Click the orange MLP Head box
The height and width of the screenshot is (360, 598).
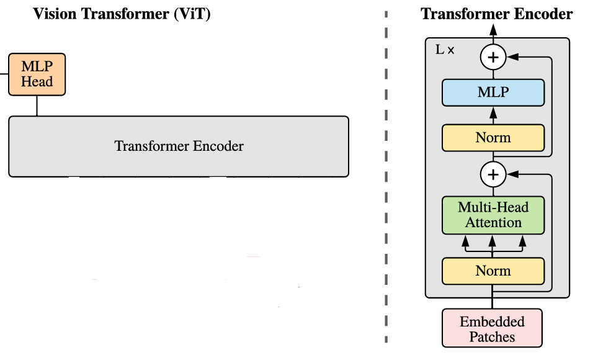click(x=37, y=74)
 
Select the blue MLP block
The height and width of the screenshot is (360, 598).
click(x=493, y=92)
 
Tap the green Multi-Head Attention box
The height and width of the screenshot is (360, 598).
click(x=493, y=215)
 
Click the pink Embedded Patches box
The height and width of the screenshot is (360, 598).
click(x=492, y=328)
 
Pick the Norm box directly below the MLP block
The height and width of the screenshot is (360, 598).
click(x=493, y=138)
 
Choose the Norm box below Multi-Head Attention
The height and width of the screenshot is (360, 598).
click(x=493, y=271)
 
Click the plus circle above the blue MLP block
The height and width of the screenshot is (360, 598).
click(x=493, y=58)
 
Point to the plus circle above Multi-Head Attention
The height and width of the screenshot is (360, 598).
click(x=493, y=175)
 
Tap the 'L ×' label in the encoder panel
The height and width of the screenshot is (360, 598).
click(x=445, y=50)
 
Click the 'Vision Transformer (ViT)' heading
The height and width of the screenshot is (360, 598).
click(x=122, y=14)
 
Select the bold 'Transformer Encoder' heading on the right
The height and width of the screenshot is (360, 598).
click(x=496, y=14)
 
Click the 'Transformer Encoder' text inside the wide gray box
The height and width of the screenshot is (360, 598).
click(x=179, y=146)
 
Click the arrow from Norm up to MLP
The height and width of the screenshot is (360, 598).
click(x=493, y=115)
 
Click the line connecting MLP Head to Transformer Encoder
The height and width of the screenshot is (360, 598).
click(x=37, y=106)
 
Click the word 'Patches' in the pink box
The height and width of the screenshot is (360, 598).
click(x=492, y=337)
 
